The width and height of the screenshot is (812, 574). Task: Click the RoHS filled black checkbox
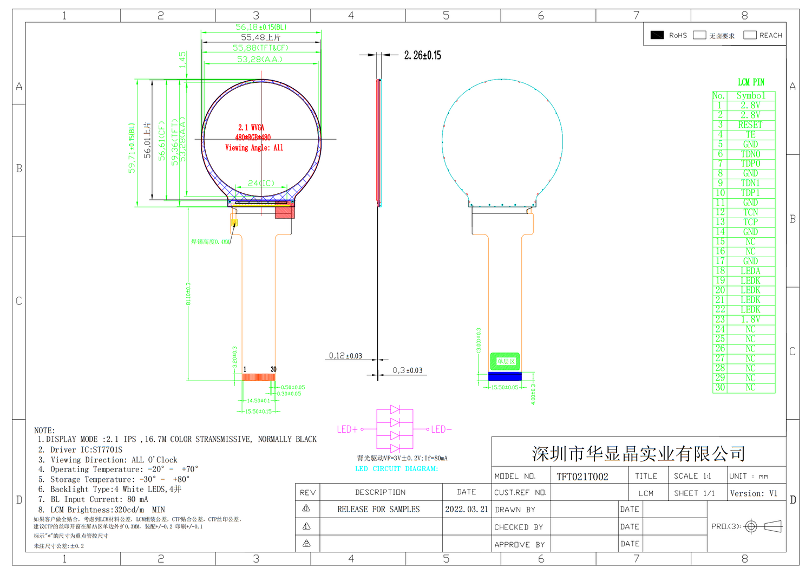657,35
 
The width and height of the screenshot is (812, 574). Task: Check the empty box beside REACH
750,35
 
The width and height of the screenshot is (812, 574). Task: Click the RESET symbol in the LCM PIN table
750,125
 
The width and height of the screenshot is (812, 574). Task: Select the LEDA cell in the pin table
750,271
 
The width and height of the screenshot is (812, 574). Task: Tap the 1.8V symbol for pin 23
750,319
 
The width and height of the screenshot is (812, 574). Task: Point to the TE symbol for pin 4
750,135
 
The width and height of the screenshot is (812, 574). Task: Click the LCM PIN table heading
751,82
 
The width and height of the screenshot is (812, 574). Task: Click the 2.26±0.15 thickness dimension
422,55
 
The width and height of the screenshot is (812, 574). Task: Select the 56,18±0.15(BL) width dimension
261,27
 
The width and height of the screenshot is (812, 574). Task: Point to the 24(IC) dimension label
261,184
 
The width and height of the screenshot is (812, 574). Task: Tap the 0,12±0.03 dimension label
345,356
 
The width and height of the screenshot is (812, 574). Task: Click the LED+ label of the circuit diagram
348,429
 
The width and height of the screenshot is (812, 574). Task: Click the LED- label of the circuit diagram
441,429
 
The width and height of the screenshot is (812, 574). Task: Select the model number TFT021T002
582,477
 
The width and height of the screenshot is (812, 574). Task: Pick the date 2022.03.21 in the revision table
467,510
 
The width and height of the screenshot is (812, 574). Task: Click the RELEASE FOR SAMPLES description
378,510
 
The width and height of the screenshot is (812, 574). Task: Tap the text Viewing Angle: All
254,148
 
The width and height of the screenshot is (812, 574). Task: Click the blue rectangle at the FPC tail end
505,376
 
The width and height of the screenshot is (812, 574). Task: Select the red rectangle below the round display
285,212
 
